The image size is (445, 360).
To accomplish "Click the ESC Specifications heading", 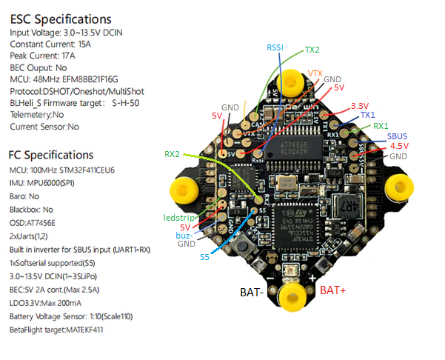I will click(x=60, y=19).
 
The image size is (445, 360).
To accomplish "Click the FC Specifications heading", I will click(x=51, y=155).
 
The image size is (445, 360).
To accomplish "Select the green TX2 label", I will click(x=312, y=51).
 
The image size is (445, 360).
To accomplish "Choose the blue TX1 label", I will click(x=368, y=116).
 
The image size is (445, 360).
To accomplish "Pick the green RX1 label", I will click(x=381, y=126).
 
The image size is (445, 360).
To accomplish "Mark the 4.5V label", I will click(x=399, y=146).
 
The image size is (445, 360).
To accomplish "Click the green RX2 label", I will click(x=172, y=155).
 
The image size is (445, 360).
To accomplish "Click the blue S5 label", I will click(x=204, y=257).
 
